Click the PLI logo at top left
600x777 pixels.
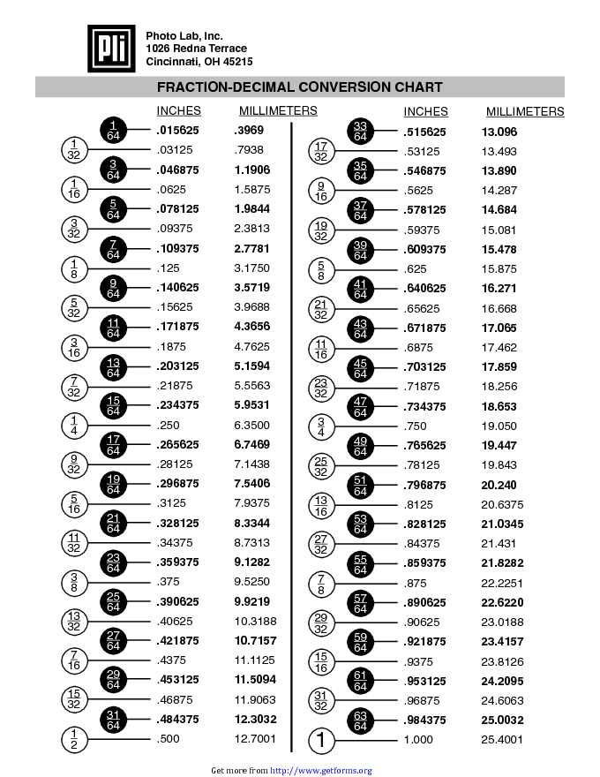click(111, 49)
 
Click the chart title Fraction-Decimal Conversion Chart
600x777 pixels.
click(299, 87)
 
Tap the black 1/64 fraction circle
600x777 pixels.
click(113, 130)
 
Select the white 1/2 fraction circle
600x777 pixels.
click(74, 739)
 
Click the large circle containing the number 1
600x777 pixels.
click(322, 739)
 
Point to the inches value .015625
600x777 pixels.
click(177, 130)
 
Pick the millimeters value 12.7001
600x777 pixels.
click(255, 739)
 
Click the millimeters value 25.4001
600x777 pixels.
click(502, 739)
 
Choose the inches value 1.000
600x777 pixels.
click(418, 739)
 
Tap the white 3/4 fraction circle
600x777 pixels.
click(321, 426)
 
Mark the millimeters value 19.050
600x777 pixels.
click(499, 426)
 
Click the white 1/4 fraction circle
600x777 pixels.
click(74, 425)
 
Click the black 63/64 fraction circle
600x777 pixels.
click(360, 720)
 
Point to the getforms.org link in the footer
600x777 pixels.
click(320, 771)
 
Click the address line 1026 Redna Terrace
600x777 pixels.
click(196, 48)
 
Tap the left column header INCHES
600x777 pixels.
click(178, 111)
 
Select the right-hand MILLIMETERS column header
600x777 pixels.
click(525, 112)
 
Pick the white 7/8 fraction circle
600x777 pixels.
click(321, 583)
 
